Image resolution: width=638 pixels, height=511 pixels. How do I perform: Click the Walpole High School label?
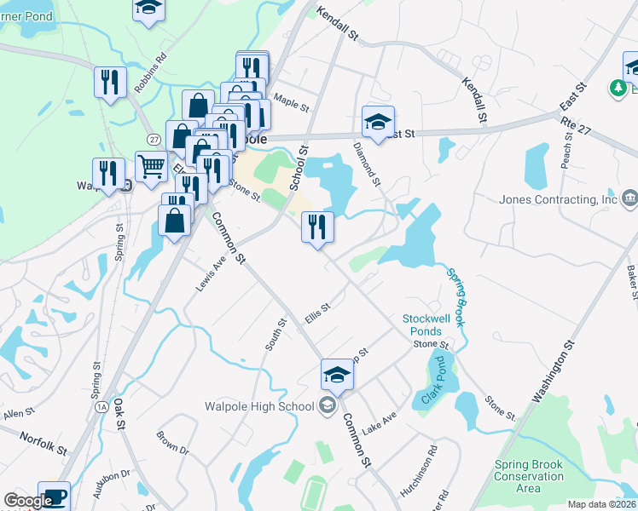tap(260, 405)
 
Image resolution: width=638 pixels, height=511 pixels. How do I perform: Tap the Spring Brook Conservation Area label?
tap(529, 477)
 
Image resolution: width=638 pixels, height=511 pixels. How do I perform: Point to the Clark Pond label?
tap(434, 382)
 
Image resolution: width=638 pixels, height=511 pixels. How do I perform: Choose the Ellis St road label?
tap(316, 314)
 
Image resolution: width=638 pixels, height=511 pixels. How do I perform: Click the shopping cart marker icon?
tap(151, 167)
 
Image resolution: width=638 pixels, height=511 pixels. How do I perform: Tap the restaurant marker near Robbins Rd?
tap(111, 83)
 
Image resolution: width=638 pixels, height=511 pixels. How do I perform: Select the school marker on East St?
tap(377, 121)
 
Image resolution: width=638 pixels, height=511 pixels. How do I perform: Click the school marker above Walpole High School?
tap(337, 375)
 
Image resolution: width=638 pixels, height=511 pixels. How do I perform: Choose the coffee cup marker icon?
tap(55, 497)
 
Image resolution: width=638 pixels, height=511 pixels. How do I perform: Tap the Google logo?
tap(27, 501)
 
